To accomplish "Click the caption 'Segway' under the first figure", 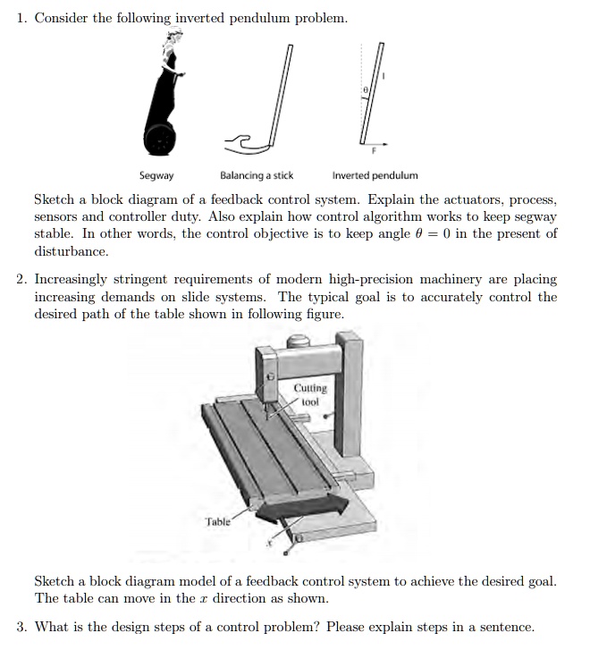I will point(156,176).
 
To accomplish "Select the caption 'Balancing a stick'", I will point(257,176).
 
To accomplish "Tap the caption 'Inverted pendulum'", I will point(375,176).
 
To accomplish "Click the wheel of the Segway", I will point(161,140).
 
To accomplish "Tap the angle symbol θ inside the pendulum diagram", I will point(366,91).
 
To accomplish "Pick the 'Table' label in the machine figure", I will point(217,520).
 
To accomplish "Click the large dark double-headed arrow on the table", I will point(301,509).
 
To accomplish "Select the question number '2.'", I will point(22,280).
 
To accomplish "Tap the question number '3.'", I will point(22,627).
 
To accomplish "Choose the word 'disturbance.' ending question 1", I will point(71,252).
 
